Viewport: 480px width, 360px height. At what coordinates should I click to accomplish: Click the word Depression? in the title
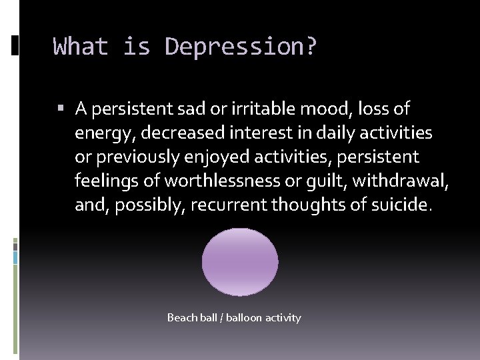coord(241,47)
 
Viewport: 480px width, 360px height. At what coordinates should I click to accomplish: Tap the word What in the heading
coord(80,47)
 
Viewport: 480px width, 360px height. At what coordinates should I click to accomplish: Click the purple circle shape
coord(240,262)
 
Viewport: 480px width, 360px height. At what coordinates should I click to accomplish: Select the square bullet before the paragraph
coord(61,108)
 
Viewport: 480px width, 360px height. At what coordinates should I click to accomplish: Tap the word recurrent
coord(227,205)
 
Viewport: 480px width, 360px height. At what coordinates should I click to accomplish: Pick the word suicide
coord(399,205)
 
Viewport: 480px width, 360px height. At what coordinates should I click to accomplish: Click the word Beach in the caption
coord(182,318)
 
